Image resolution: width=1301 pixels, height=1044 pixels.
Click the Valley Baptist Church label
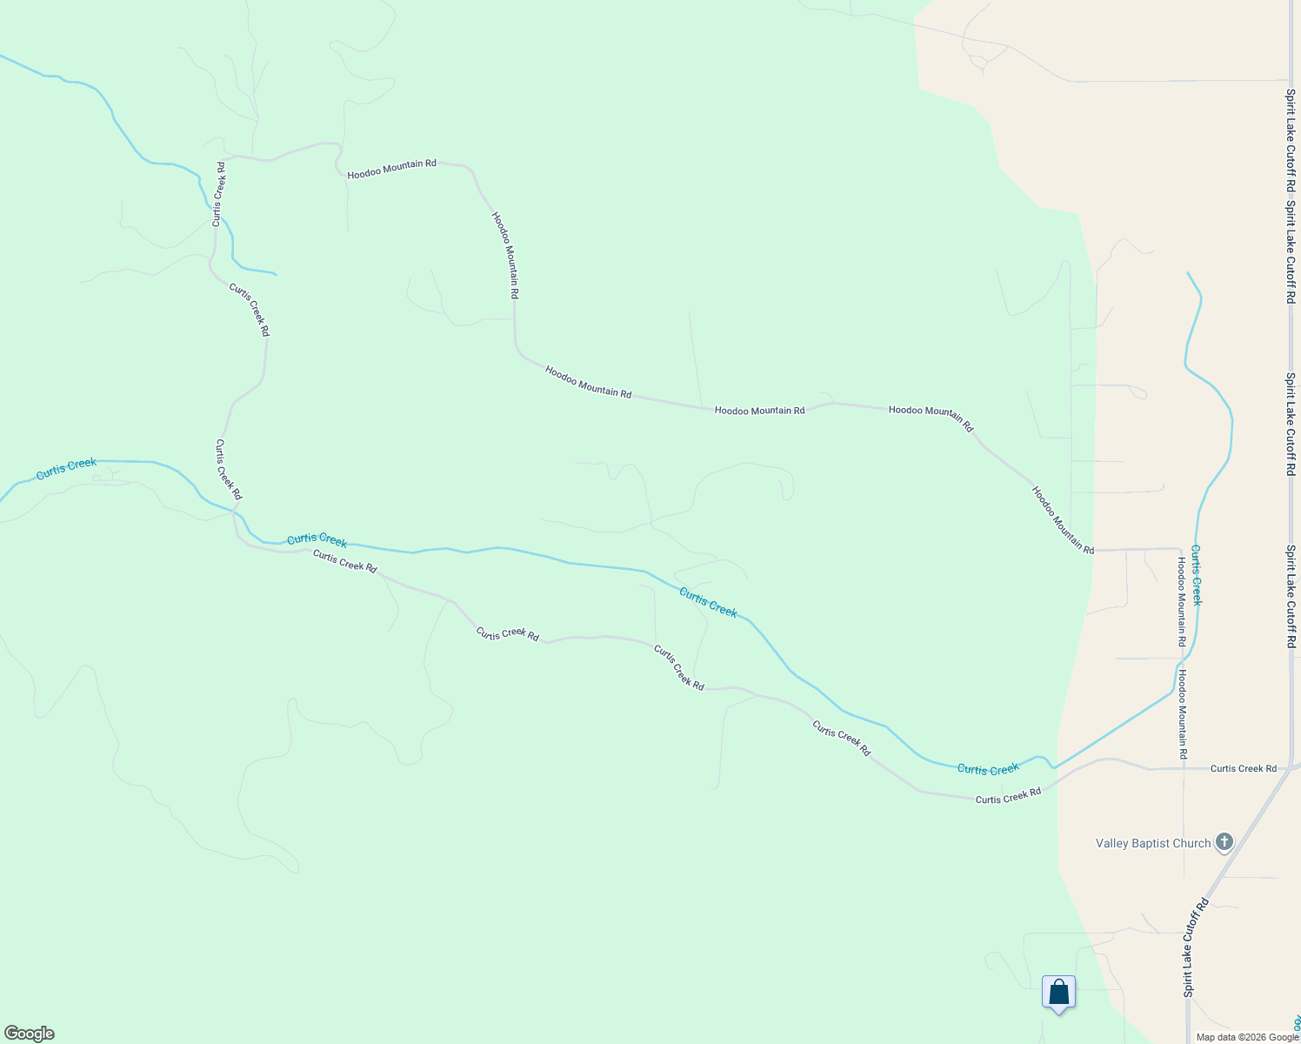point(1152,843)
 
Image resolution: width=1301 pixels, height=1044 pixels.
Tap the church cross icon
point(1224,841)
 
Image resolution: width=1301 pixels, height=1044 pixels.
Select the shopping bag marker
point(1058,993)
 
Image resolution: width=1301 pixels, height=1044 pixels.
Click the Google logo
point(30,1034)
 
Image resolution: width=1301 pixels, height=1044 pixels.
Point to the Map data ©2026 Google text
point(1247,1037)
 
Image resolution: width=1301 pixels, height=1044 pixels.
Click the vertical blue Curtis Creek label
point(1197,575)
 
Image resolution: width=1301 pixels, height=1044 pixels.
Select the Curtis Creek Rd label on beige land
point(1243,768)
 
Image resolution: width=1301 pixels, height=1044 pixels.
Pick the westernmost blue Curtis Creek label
point(66,468)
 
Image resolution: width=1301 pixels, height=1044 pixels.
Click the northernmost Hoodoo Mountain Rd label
point(391,169)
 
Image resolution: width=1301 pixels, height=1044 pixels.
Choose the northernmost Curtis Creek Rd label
point(219,194)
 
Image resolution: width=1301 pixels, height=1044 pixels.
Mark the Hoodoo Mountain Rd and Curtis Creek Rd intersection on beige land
point(1184,769)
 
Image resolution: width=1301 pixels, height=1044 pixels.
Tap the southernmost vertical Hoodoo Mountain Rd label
point(1183,713)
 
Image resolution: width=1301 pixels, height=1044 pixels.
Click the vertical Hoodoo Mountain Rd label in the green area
point(505,256)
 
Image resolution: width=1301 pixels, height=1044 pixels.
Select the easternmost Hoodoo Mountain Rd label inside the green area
point(1062,519)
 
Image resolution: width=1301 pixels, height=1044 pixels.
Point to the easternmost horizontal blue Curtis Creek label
point(987,769)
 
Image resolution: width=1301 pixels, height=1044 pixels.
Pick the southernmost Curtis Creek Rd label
point(1008,796)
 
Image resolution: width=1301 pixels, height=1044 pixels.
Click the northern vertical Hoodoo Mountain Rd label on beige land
point(1181,601)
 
